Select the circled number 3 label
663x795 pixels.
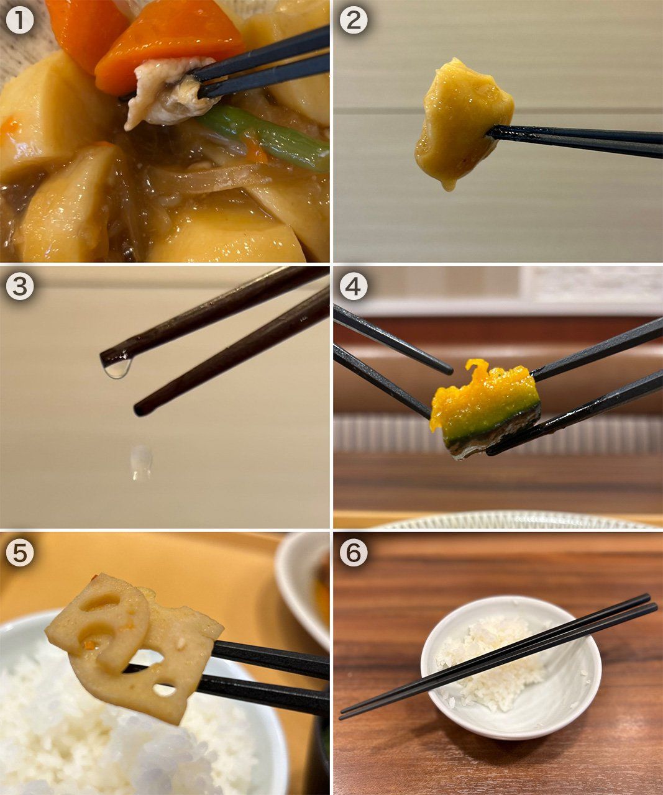pos(19,286)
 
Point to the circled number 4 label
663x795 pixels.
pos(353,286)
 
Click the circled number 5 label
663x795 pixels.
pos(19,553)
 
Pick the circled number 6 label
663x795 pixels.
pos(353,553)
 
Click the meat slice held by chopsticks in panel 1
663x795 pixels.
pos(170,91)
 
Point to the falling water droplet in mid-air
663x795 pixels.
pos(142,462)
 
